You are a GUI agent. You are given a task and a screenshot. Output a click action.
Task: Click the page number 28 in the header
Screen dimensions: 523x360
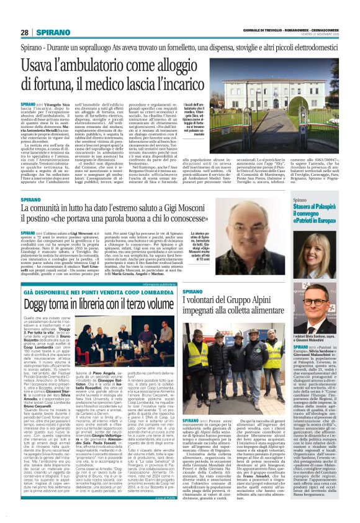pos(25,32)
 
